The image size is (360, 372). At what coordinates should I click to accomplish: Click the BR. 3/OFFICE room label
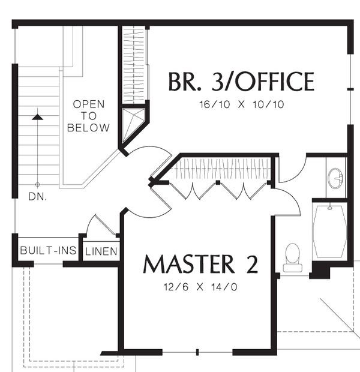241,82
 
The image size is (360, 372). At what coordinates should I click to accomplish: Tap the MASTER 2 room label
200,264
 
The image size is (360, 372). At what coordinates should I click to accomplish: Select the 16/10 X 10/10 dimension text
242,104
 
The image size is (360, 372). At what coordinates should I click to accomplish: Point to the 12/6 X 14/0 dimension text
200,287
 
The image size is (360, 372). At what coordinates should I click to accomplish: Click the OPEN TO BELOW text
88,116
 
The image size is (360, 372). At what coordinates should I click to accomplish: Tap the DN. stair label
37,196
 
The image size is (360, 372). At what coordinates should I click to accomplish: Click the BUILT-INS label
49,250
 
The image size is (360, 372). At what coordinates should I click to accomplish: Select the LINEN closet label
101,251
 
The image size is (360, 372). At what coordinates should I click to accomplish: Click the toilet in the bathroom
293,257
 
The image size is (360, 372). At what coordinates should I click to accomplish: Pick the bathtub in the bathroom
330,232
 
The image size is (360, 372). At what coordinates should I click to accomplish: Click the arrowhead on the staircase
37,117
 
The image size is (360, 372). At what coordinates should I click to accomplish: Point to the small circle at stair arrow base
37,184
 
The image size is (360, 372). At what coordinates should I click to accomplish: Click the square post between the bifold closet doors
218,182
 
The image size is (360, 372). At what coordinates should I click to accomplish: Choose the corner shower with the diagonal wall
133,125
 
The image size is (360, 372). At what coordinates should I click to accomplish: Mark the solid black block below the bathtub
320,270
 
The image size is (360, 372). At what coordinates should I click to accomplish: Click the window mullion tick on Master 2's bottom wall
197,352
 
